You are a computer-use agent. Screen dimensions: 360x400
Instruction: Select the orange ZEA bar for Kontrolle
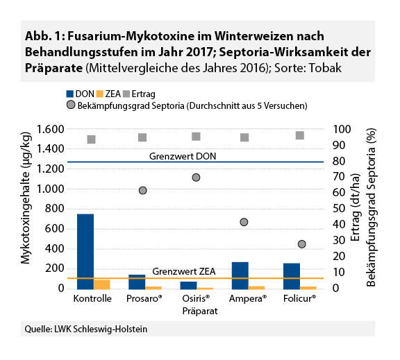coord(102,284)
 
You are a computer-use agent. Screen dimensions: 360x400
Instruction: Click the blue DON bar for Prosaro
coord(137,281)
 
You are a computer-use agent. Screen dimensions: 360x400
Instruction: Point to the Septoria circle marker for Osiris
coord(196,178)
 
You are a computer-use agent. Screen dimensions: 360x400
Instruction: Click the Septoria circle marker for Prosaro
coord(142,190)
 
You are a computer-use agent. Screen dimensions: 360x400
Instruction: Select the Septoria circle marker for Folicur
coord(301,244)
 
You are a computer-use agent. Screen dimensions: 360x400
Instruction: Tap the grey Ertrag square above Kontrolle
coord(90,139)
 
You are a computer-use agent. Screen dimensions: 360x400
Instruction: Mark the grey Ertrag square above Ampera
coord(244,137)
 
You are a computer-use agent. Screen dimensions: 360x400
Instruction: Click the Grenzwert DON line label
coord(183,156)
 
